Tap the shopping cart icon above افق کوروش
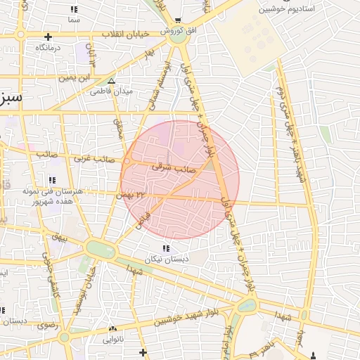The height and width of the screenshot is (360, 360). (178, 21)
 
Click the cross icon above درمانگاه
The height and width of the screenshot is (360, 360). (48, 37)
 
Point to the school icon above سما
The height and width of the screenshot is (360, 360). (74, 9)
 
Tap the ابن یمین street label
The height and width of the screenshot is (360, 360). (76, 78)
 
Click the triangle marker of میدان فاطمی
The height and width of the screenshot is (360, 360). (111, 81)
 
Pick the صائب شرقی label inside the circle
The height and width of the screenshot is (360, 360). (173, 169)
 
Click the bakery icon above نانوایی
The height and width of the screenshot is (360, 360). (112, 328)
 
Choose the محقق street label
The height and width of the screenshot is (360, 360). (118, 130)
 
